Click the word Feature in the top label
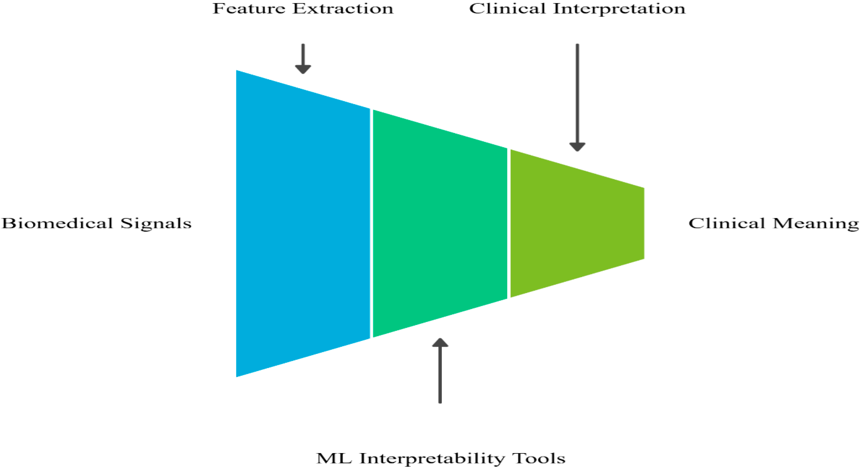[249, 9]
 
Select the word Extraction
[343, 9]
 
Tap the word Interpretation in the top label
[619, 9]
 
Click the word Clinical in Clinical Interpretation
[507, 9]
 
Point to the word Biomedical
[57, 223]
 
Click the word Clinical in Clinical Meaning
[726, 223]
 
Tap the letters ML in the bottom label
[334, 458]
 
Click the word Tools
[540, 458]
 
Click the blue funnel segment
[303, 223]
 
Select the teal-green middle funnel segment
[440, 223]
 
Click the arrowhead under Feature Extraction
[303, 69]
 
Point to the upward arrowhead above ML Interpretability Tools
[440, 343]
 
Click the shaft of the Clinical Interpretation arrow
[577, 94]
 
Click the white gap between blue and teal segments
[371, 223]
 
